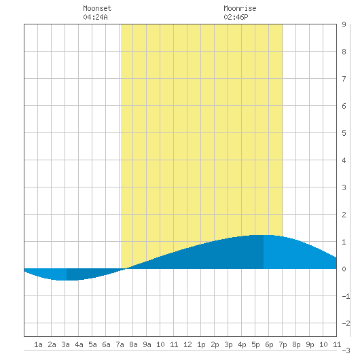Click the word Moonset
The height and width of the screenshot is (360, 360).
[x=97, y=8]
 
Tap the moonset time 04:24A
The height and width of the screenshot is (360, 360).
[x=95, y=17]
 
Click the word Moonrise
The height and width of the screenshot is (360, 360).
[x=240, y=8]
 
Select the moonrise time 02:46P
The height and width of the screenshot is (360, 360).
[x=236, y=17]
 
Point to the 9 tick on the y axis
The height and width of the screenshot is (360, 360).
[x=344, y=24]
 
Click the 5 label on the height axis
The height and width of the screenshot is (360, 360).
[x=344, y=133]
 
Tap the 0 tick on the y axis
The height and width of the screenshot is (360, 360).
[x=344, y=269]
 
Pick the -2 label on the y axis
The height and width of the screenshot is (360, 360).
[x=346, y=323]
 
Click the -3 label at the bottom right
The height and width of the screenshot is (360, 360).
[x=346, y=350]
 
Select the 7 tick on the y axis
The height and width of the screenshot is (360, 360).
[x=344, y=79]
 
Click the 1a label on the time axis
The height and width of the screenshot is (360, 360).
[x=38, y=344]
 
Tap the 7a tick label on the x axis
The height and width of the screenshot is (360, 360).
[x=120, y=344]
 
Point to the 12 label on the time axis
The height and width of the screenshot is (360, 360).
[x=187, y=344]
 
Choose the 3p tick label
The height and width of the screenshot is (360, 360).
[x=228, y=344]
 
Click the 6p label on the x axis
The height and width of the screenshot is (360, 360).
[x=269, y=344]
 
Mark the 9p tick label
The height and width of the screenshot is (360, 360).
[x=310, y=344]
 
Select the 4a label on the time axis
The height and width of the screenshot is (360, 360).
[x=79, y=344]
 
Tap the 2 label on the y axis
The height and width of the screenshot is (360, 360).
[x=344, y=215]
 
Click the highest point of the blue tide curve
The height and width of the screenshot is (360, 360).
[x=264, y=235]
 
